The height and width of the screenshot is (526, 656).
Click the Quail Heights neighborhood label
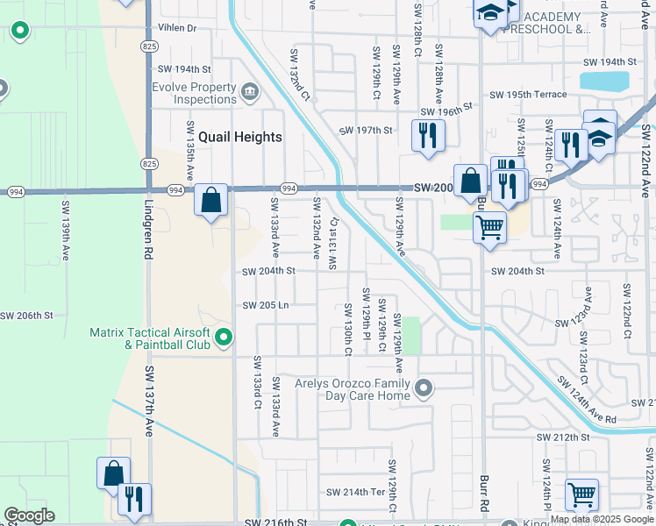(239, 137)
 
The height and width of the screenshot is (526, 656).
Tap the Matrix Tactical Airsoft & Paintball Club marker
(225, 337)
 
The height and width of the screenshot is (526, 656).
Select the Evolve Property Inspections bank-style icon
(249, 90)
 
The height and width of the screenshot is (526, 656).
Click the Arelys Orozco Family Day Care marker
(424, 387)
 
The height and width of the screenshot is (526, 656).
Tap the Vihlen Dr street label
(178, 28)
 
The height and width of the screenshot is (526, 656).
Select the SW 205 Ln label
(266, 305)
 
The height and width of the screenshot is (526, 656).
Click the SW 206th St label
(26, 315)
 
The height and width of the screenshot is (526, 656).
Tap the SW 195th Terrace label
(527, 94)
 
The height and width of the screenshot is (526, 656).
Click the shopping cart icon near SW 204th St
(488, 229)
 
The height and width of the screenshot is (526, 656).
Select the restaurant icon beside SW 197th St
(427, 136)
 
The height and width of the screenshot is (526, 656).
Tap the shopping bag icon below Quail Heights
(211, 200)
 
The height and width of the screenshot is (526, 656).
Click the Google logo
(29, 515)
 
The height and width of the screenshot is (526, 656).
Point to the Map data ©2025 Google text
(603, 519)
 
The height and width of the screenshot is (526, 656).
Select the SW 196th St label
(446, 111)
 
